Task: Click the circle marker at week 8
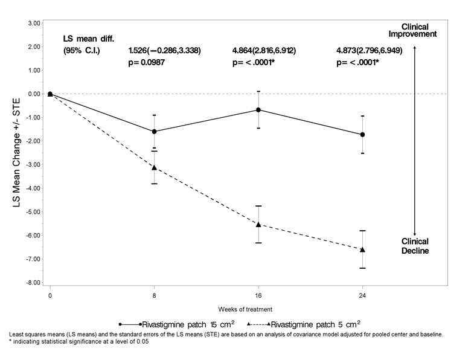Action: coord(155,132)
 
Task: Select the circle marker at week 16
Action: coord(258,110)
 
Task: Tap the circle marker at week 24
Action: coord(362,135)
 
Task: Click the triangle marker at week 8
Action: coord(155,167)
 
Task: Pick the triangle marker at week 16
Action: coord(258,224)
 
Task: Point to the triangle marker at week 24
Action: coord(362,249)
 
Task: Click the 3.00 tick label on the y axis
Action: coord(34,23)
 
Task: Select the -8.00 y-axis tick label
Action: coord(33,283)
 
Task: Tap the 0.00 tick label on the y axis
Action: coord(34,94)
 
